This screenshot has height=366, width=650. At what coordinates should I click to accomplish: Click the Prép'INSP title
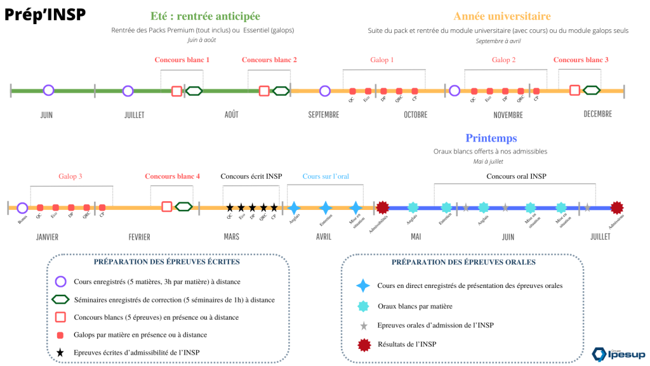45,15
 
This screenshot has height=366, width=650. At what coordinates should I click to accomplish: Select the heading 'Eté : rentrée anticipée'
205,16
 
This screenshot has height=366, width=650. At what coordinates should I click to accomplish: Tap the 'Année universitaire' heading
501,16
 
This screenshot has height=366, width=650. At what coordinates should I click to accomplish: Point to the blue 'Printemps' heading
491,138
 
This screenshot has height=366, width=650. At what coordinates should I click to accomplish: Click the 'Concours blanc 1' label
182,60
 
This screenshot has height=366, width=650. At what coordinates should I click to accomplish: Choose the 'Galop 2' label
503,60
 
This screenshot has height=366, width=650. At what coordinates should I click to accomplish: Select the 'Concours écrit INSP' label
251,176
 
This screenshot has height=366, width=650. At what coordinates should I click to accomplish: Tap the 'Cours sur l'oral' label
326,176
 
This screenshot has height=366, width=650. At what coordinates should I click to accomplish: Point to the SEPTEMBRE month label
323,115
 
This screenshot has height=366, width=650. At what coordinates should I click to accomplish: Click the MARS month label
231,237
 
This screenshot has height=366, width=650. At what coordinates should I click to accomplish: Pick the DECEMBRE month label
597,114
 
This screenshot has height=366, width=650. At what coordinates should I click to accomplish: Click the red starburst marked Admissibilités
382,207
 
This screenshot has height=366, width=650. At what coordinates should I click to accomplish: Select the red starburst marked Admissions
616,207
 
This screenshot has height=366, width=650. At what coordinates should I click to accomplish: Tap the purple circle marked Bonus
22,207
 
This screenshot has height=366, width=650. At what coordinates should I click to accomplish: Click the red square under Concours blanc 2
264,91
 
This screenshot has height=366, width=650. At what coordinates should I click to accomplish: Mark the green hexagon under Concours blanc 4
184,206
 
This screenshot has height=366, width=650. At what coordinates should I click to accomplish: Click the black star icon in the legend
61,352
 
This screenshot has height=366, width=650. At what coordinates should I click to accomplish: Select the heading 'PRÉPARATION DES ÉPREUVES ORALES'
463,262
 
